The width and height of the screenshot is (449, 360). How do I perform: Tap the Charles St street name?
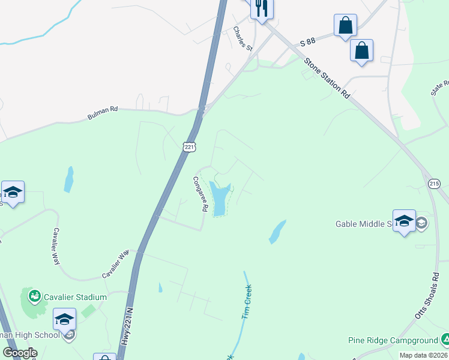click(x=243, y=38)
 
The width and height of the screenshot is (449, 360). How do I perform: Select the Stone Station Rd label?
click(x=327, y=78)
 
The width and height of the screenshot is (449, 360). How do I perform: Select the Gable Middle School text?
click(x=364, y=224)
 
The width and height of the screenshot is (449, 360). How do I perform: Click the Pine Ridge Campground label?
click(x=393, y=340)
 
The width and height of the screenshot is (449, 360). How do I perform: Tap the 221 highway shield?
click(x=188, y=146)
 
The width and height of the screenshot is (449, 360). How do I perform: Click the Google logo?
click(x=20, y=353)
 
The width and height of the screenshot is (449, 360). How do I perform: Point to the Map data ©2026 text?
click(x=424, y=355)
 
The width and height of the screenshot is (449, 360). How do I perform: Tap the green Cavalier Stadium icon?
click(x=34, y=296)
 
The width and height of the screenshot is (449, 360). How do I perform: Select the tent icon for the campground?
click(x=445, y=340)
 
